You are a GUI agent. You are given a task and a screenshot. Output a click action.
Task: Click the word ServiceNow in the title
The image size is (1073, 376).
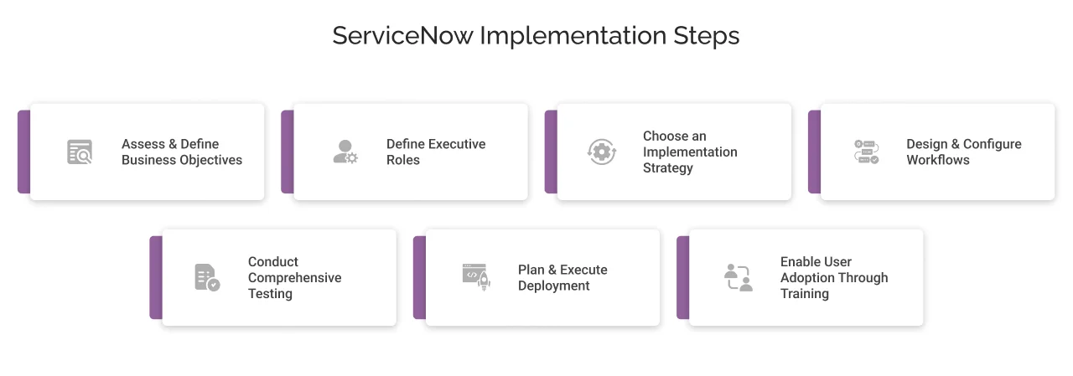point(402,36)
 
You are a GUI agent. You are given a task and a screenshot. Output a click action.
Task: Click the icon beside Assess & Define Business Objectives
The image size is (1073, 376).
point(80,152)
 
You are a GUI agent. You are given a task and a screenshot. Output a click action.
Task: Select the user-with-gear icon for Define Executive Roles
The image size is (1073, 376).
point(345,152)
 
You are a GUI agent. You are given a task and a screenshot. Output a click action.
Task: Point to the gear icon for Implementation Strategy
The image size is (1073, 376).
point(601,152)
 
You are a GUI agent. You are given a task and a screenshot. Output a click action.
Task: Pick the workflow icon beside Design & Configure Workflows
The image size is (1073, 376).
point(866,152)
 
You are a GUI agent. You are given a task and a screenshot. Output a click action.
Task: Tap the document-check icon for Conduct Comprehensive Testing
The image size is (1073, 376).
point(207,277)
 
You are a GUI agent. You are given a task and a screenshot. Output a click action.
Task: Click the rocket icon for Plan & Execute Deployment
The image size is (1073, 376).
point(475,276)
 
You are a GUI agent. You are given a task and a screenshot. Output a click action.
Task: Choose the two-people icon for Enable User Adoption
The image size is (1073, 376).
point(739,277)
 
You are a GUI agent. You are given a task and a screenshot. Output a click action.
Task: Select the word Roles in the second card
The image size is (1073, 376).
point(403,160)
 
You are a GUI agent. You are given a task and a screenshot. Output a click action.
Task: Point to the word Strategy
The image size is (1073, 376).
point(668,167)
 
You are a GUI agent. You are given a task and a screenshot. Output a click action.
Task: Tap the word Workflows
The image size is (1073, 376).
point(938,160)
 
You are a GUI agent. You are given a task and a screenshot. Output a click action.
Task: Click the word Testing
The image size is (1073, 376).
point(270,294)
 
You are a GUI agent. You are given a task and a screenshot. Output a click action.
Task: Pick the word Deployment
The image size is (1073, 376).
point(554,286)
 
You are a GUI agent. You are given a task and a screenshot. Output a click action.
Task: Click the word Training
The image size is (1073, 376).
point(805,294)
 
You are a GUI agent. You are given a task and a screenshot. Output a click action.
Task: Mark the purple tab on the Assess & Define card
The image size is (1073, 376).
point(23,152)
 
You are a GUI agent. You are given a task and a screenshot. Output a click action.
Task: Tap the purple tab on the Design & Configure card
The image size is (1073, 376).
point(814,152)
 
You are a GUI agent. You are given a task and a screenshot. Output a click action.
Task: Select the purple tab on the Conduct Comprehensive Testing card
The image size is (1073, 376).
point(156,277)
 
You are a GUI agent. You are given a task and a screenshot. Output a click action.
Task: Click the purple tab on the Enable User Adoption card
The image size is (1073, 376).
point(682,277)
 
